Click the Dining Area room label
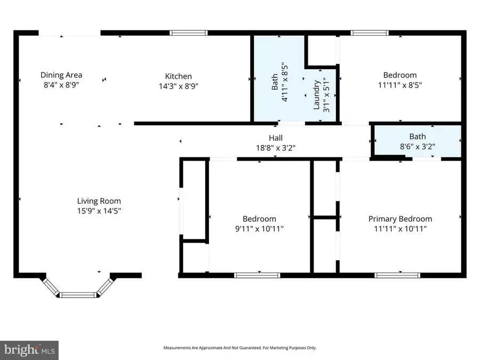point(61,75)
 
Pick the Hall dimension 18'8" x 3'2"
point(276,148)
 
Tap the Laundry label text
point(316,95)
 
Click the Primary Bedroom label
point(400,219)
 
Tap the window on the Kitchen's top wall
point(189,33)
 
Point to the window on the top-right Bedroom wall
point(370,33)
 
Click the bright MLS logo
point(30,350)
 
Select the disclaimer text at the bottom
point(239,348)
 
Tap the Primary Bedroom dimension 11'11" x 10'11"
point(400,229)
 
